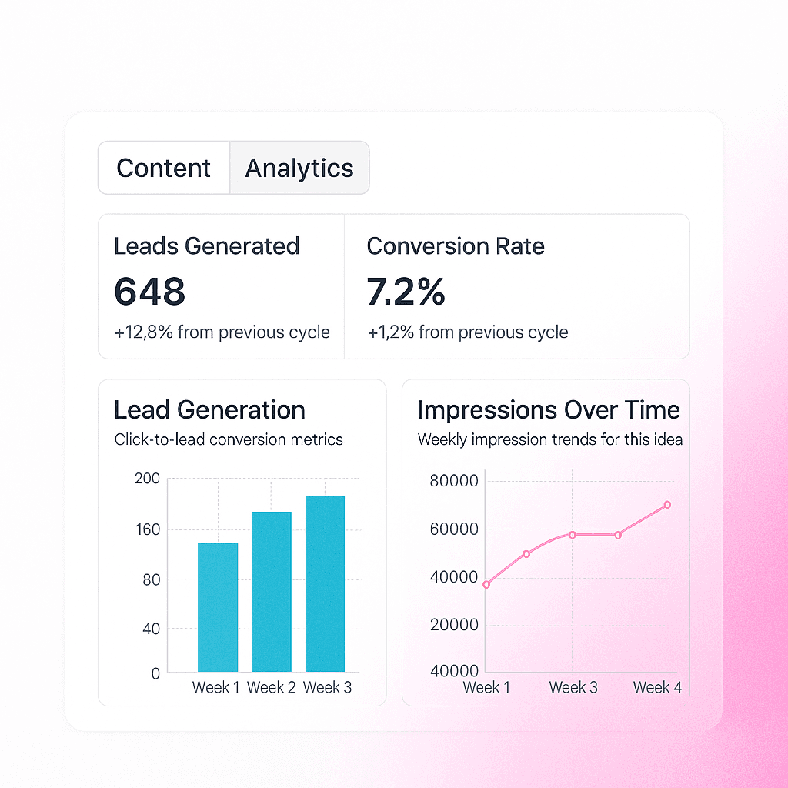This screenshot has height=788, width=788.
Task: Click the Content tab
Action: (x=164, y=168)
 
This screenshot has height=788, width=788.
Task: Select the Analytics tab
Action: (x=299, y=168)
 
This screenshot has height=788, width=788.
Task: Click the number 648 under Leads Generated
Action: (x=150, y=292)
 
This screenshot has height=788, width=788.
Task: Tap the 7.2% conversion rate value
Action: (x=406, y=292)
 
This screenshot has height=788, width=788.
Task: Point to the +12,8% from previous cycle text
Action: (x=222, y=332)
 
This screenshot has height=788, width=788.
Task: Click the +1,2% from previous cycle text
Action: (x=468, y=332)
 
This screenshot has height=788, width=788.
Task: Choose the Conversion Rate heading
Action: (x=456, y=246)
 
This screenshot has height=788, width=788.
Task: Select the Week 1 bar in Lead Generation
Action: (x=218, y=607)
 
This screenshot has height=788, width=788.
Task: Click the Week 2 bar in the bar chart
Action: (x=272, y=592)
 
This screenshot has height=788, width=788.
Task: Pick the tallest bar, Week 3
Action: (x=326, y=583)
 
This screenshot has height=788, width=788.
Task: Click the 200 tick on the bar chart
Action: (x=147, y=479)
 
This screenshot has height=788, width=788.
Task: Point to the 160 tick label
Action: (x=148, y=529)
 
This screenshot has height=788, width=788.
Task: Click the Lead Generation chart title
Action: (x=209, y=409)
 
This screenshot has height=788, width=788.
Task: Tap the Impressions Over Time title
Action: (x=549, y=409)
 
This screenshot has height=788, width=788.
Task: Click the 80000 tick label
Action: (x=454, y=481)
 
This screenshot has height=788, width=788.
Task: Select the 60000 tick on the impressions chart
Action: (x=454, y=529)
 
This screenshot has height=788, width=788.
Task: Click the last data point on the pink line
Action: (x=667, y=505)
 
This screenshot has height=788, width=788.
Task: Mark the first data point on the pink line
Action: (x=486, y=585)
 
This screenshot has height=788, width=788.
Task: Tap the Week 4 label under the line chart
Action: (x=657, y=687)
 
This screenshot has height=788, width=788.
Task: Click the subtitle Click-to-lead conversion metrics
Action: (x=229, y=439)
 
